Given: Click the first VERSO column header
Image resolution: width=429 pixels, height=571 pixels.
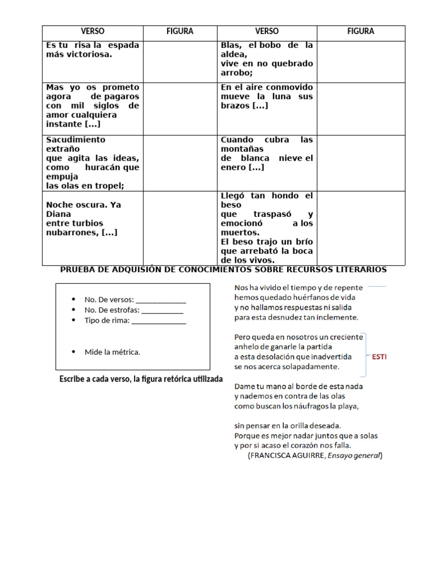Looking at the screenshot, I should coord(93,32).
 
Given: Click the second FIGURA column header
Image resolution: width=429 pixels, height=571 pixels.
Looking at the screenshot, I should coord(360,32).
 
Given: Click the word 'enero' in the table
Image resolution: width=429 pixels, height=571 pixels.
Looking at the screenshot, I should coord(232,167).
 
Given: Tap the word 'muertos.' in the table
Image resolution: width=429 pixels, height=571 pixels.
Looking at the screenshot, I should coord(240,233).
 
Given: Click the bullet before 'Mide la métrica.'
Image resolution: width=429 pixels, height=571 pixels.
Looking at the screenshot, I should coord(74,352).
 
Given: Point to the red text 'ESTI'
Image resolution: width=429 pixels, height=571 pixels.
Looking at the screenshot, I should coord(378,357).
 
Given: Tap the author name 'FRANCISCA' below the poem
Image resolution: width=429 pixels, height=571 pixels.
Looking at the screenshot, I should coord(269,456).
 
